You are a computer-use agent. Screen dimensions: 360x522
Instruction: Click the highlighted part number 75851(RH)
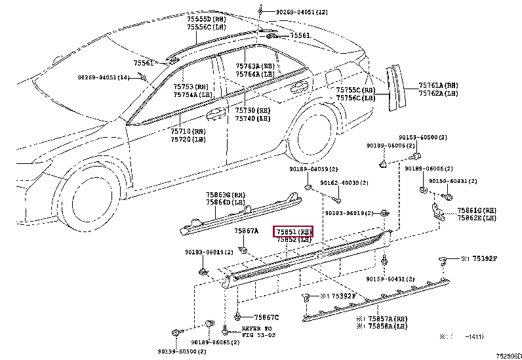click(x=294, y=231)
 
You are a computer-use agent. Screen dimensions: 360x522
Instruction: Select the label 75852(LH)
click(x=294, y=240)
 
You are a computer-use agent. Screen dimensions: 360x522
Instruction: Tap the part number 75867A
click(x=247, y=231)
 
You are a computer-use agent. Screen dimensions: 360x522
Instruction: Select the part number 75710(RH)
click(x=188, y=132)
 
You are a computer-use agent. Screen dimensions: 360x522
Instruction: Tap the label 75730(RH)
click(x=253, y=110)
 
